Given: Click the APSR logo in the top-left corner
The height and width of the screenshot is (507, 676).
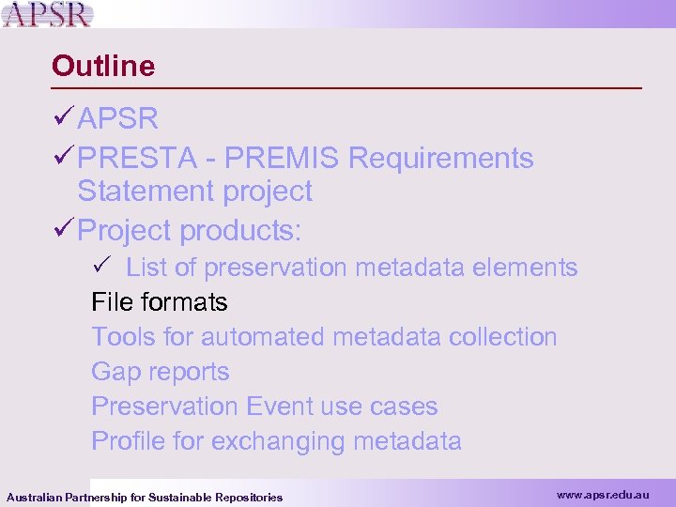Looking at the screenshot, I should tap(47, 14).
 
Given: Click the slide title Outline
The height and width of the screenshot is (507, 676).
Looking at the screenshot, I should tap(103, 66).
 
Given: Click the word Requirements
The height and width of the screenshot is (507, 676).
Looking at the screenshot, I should tap(440, 159).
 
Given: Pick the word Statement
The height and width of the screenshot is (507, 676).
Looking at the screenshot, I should tap(146, 192).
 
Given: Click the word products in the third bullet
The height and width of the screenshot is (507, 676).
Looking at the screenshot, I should tap(238, 230).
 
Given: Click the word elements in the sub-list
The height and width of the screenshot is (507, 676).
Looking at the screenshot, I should tap(526, 268).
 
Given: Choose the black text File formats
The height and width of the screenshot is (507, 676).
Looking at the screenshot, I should tap(159, 302).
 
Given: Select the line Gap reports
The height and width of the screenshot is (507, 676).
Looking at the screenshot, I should tap(160, 372).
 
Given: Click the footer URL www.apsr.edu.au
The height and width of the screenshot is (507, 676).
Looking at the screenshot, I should tap(602, 494).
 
